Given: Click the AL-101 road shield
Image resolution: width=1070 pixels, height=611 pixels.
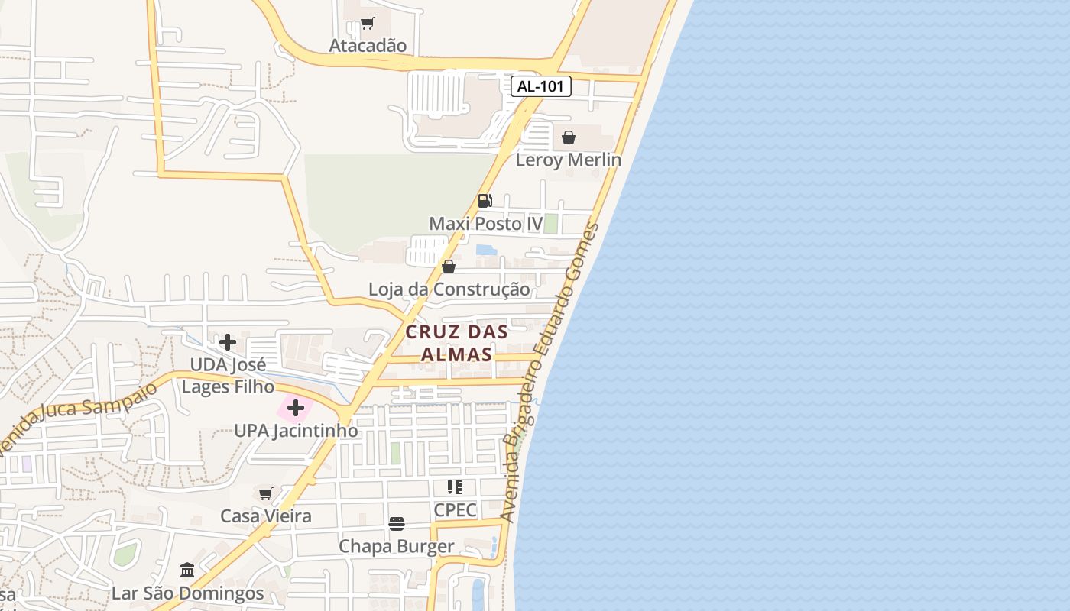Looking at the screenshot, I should tap(541, 86).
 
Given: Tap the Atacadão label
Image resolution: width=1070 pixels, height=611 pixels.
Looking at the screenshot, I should tap(368, 46).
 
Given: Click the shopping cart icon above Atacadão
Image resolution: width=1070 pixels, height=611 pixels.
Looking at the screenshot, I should tap(368, 24).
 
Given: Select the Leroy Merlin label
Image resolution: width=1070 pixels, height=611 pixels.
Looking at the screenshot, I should tap(568, 160).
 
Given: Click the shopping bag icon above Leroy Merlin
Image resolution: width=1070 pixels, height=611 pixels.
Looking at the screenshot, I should tap(569, 137).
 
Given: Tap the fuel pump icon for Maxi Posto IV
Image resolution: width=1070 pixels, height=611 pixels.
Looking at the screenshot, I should tap(485, 201).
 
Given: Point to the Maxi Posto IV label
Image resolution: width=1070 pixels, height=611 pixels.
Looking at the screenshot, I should tap(486, 224).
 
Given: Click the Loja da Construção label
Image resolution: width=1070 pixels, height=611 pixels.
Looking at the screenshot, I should tap(449, 289).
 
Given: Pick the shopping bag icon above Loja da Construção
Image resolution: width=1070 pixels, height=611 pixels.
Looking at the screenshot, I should tap(449, 267).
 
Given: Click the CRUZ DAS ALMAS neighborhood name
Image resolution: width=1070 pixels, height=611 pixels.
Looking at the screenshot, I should tap(457, 343).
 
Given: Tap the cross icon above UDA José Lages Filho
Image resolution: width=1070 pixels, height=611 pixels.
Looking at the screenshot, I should tap(228, 342).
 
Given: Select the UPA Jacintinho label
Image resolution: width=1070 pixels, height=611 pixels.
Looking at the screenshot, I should tap(296, 431).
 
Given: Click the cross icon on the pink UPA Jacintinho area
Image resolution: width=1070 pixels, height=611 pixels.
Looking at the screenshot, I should tap(296, 409).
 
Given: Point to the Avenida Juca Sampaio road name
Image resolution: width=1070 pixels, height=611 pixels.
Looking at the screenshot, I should tap(76, 419).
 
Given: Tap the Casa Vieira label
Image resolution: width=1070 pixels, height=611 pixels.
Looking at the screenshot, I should tap(266, 516).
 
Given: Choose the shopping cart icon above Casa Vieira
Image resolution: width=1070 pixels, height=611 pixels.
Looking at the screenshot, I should tap(265, 493).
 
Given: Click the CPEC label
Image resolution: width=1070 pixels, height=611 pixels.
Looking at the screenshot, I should tap(455, 509).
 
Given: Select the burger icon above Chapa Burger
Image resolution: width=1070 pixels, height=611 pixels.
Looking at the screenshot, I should tap(396, 524).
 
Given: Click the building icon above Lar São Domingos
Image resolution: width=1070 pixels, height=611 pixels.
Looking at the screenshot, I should tap(187, 571).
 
